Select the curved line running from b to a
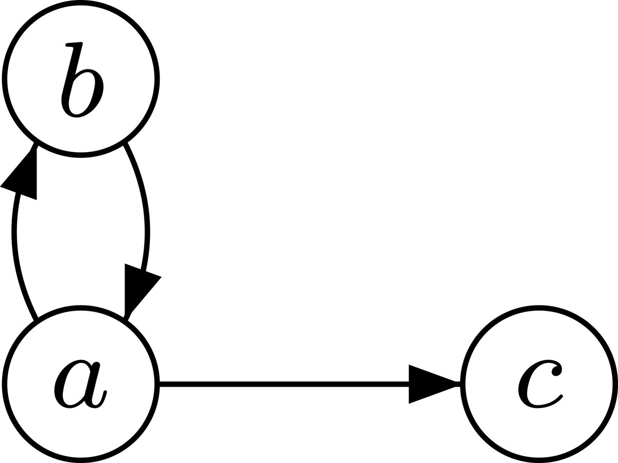pos(147,221)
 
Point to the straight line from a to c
pos(283,384)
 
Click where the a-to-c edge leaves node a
pos(159,384)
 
